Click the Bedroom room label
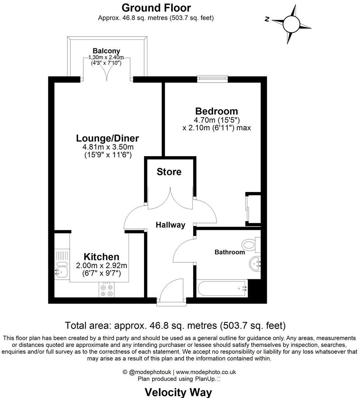(x=217, y=111)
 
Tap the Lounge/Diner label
(x=108, y=138)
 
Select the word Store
(x=169, y=172)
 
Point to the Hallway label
(x=170, y=225)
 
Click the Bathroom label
(x=230, y=252)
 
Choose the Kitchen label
(x=101, y=257)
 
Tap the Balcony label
(x=106, y=51)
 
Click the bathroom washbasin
(x=255, y=263)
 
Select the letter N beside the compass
(x=267, y=20)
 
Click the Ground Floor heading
(x=156, y=7)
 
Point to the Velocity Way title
(x=178, y=392)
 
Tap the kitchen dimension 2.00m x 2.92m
(x=101, y=265)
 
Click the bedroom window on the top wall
(x=212, y=78)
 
